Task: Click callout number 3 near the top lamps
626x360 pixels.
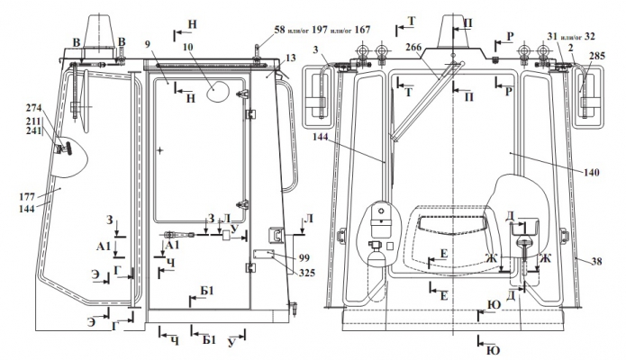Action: tap(318, 49)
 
